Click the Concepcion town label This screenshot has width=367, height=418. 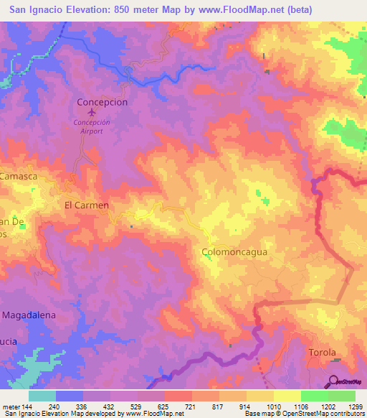(102, 102)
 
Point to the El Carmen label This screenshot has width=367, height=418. (87, 205)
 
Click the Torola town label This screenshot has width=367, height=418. (322, 353)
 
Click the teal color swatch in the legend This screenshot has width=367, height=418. (42, 396)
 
